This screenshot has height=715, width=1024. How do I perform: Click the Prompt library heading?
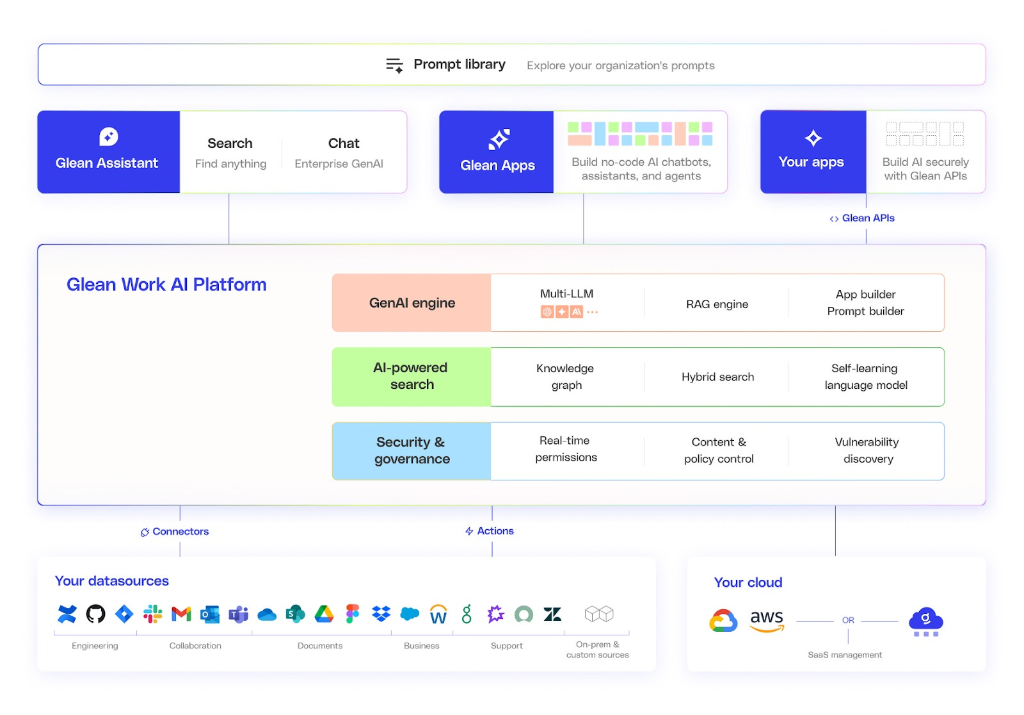click(x=459, y=65)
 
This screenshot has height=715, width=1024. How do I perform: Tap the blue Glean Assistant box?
click(x=108, y=152)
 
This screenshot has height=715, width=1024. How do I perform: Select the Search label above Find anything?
click(x=230, y=144)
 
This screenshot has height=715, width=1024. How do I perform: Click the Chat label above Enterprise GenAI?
click(x=344, y=144)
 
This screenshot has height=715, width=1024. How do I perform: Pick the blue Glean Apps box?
click(x=497, y=152)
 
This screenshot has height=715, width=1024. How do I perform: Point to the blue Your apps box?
click(x=812, y=152)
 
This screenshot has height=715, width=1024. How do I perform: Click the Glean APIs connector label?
click(x=867, y=218)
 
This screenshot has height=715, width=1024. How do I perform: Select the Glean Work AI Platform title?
click(x=166, y=284)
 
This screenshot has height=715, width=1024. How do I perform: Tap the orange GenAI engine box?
click(x=412, y=303)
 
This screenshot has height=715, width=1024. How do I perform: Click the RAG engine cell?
click(x=717, y=304)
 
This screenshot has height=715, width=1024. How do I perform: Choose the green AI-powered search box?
click(x=412, y=376)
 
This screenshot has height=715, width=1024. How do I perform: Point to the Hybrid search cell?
click(x=717, y=377)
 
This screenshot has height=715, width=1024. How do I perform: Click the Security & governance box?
click(x=412, y=450)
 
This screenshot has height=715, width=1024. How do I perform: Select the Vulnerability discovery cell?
click(x=867, y=450)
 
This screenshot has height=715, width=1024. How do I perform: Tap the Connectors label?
click(x=180, y=532)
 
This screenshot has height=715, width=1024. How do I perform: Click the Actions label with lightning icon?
click(x=495, y=531)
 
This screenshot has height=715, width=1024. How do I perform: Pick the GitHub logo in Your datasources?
click(x=95, y=614)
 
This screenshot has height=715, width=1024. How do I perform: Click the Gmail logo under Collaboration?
click(x=181, y=614)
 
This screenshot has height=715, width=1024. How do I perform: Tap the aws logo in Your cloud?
click(x=766, y=620)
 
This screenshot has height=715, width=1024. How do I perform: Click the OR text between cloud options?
click(x=848, y=620)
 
